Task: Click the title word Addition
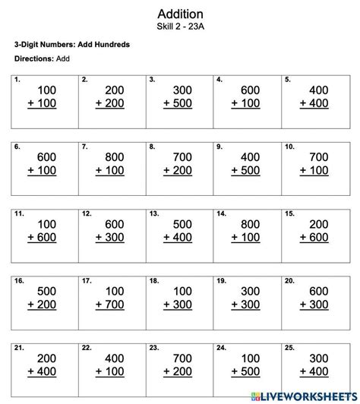coord(180,14)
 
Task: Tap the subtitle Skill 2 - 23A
coord(180,27)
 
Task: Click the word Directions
coord(33,58)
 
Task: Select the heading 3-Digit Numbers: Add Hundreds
coord(71,44)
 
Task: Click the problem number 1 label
coord(17,79)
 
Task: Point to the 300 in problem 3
coord(181,90)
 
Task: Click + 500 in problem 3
coord(175,103)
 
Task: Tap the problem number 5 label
coord(287,79)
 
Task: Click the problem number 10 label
coord(289,146)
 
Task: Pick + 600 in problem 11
coord(41,238)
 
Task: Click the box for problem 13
coord(180,231)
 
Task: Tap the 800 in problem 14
coord(248,225)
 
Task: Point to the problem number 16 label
coord(18,281)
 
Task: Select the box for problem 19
coord(248,298)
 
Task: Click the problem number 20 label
coord(289,281)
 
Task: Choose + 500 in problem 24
coord(243,372)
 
